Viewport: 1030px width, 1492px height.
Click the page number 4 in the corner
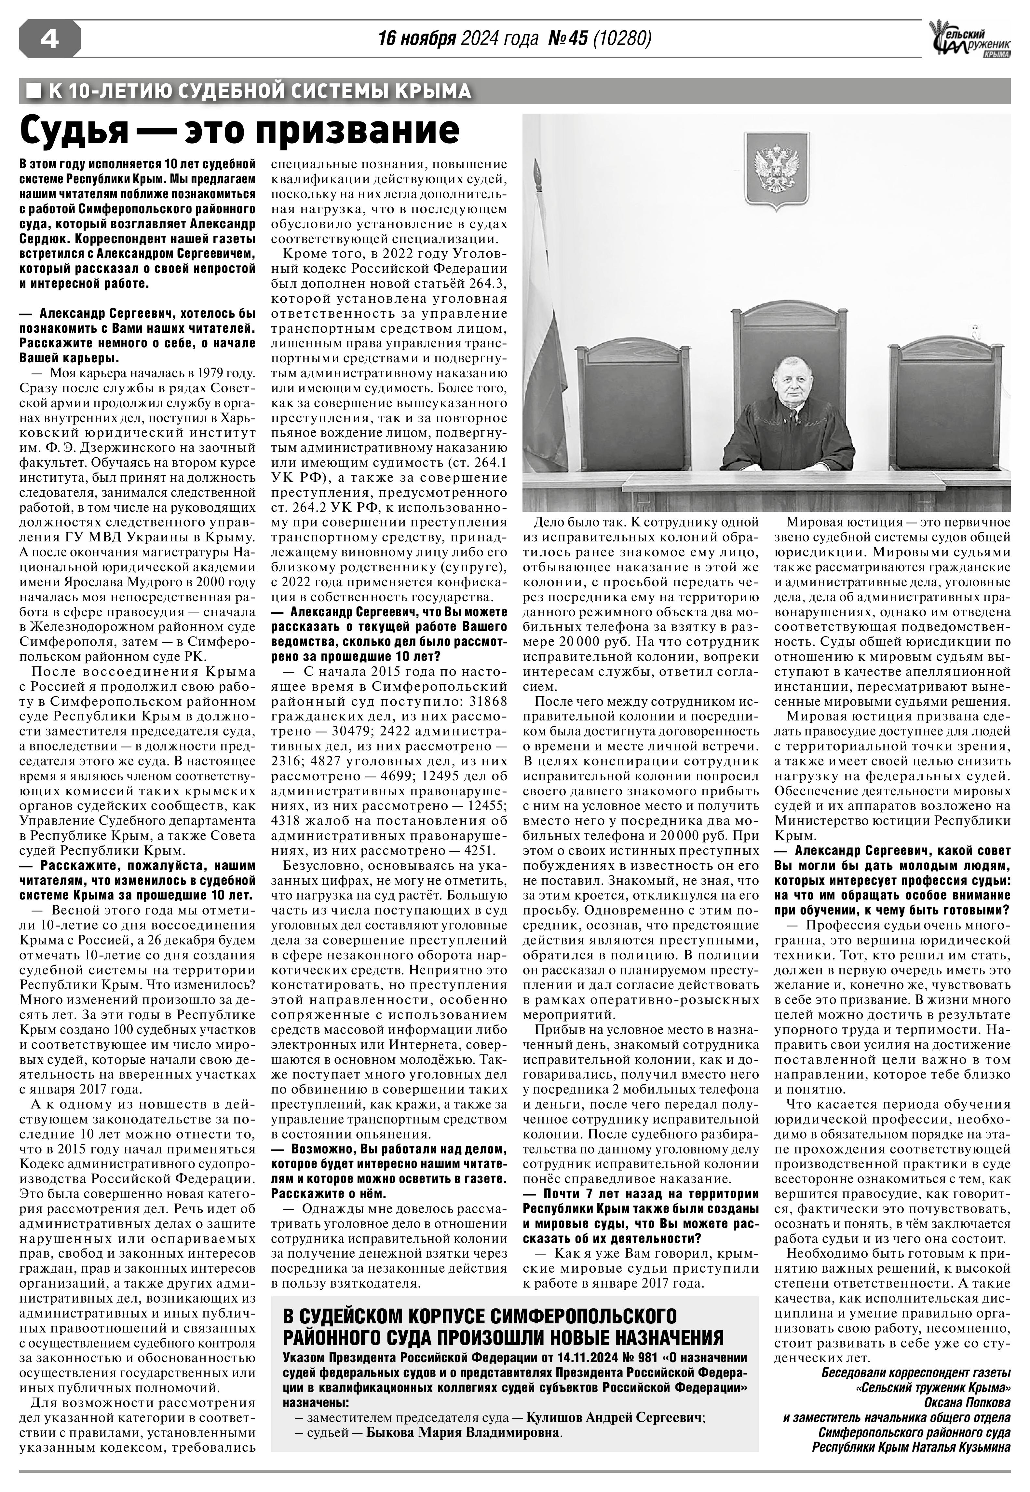(x=50, y=40)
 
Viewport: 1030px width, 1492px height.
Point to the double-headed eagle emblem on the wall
(x=776, y=171)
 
